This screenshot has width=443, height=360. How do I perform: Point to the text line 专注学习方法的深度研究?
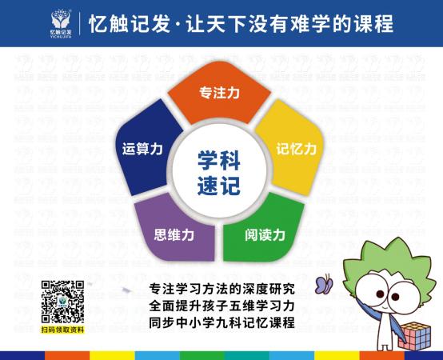[222, 288]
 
